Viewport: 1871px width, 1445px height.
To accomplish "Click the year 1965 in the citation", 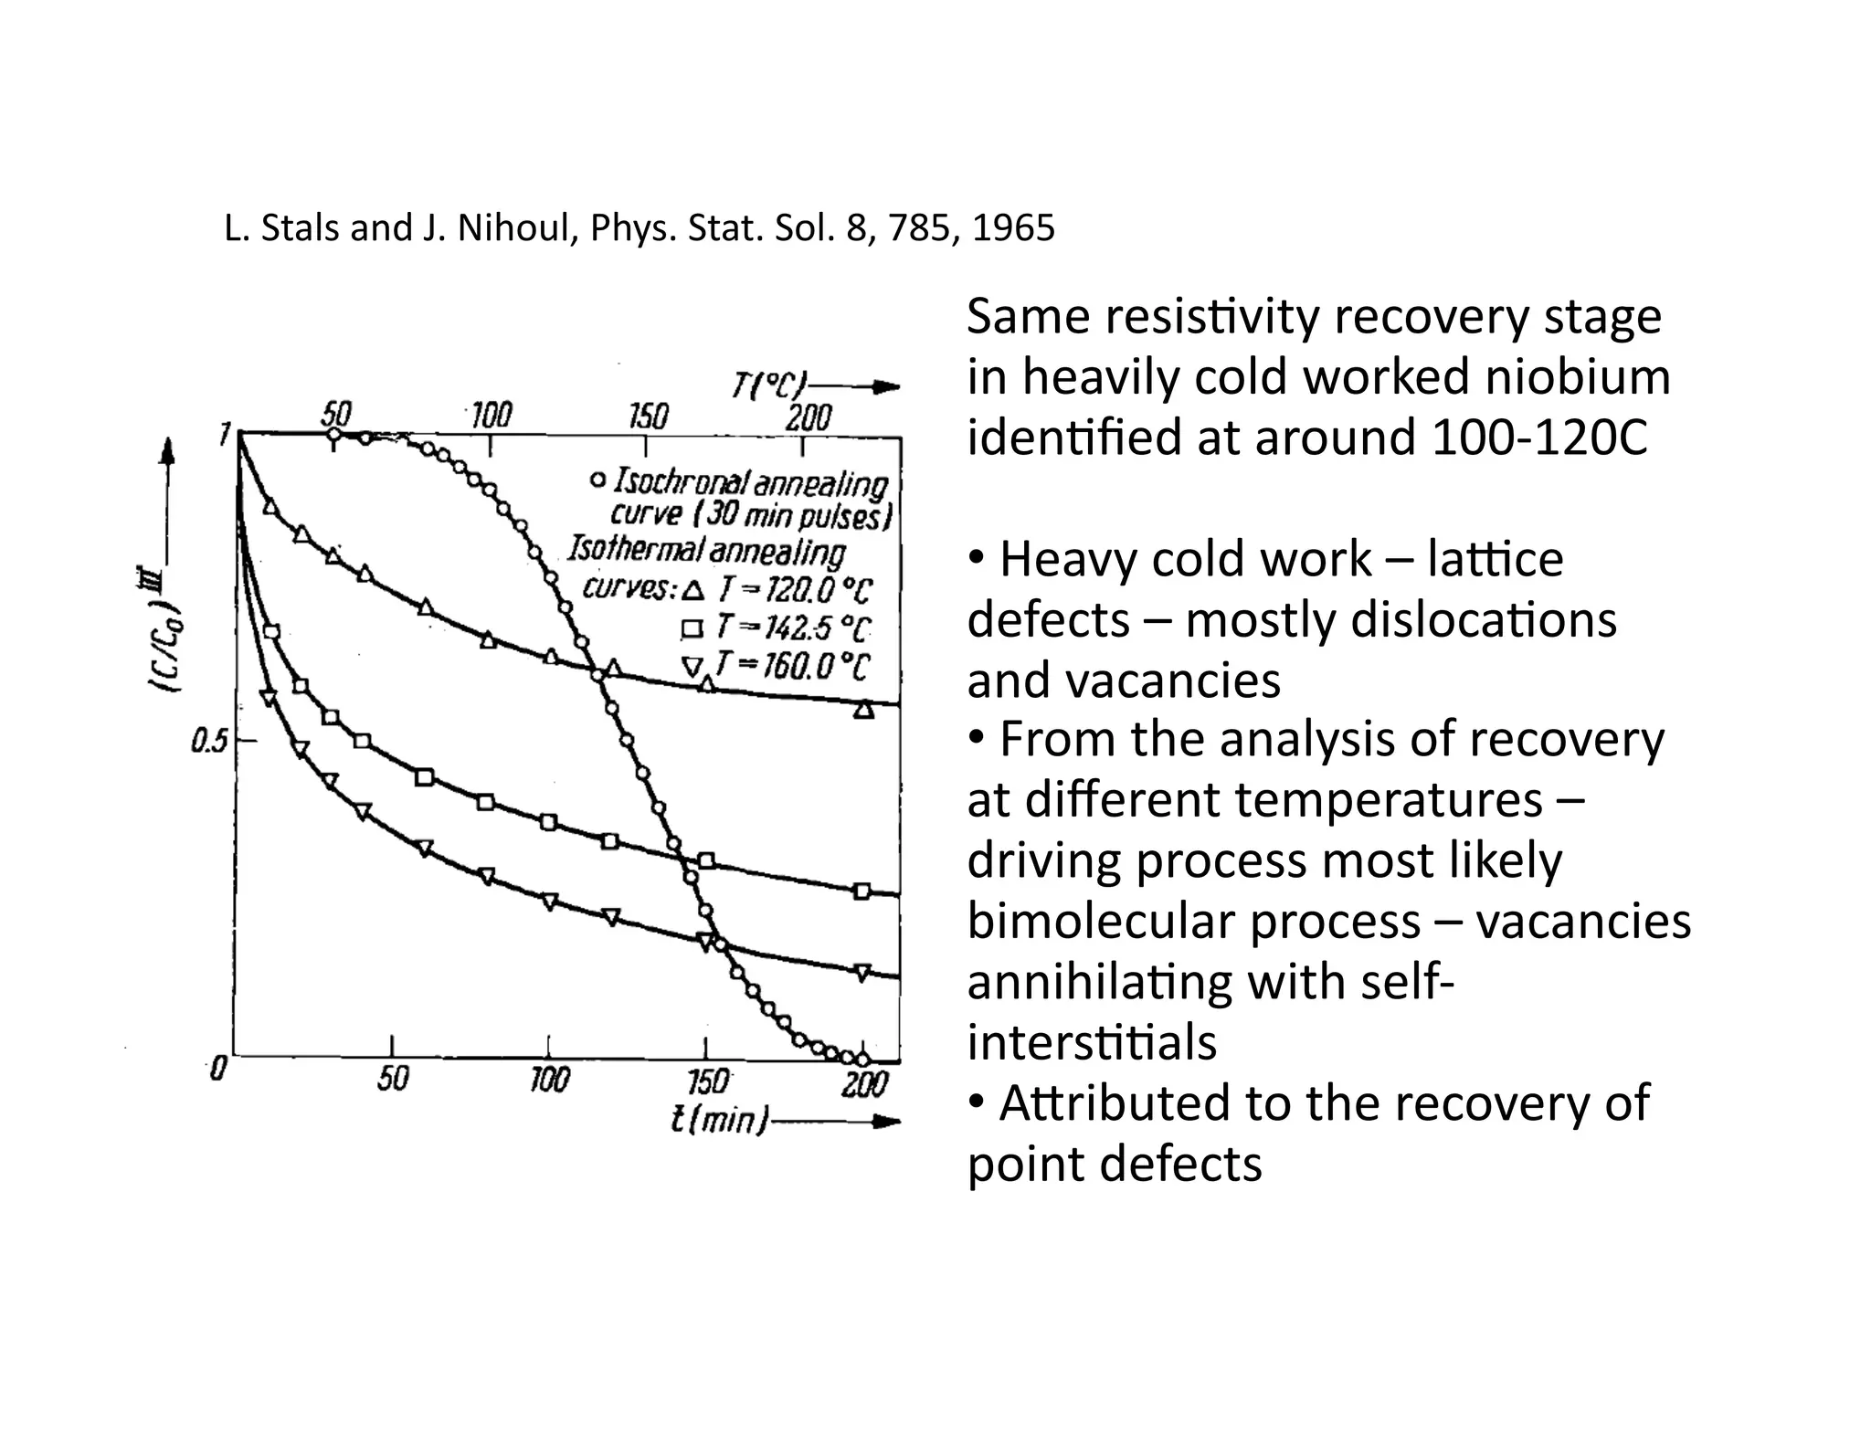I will pyautogui.click(x=1013, y=227).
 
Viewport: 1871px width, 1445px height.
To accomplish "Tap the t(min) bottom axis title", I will pyautogui.click(x=719, y=1120).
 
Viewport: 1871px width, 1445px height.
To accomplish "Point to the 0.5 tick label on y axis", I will pyautogui.click(x=209, y=742).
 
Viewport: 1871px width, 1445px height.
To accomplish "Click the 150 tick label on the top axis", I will pyautogui.click(x=648, y=417).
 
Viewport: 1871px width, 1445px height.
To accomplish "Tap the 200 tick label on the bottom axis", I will pyautogui.click(x=863, y=1084).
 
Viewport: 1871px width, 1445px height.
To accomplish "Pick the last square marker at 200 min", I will pyautogui.click(x=862, y=891).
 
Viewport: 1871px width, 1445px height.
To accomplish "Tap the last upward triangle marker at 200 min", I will pyautogui.click(x=863, y=709).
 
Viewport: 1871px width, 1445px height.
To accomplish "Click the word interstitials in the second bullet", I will pyautogui.click(x=1092, y=1041).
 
